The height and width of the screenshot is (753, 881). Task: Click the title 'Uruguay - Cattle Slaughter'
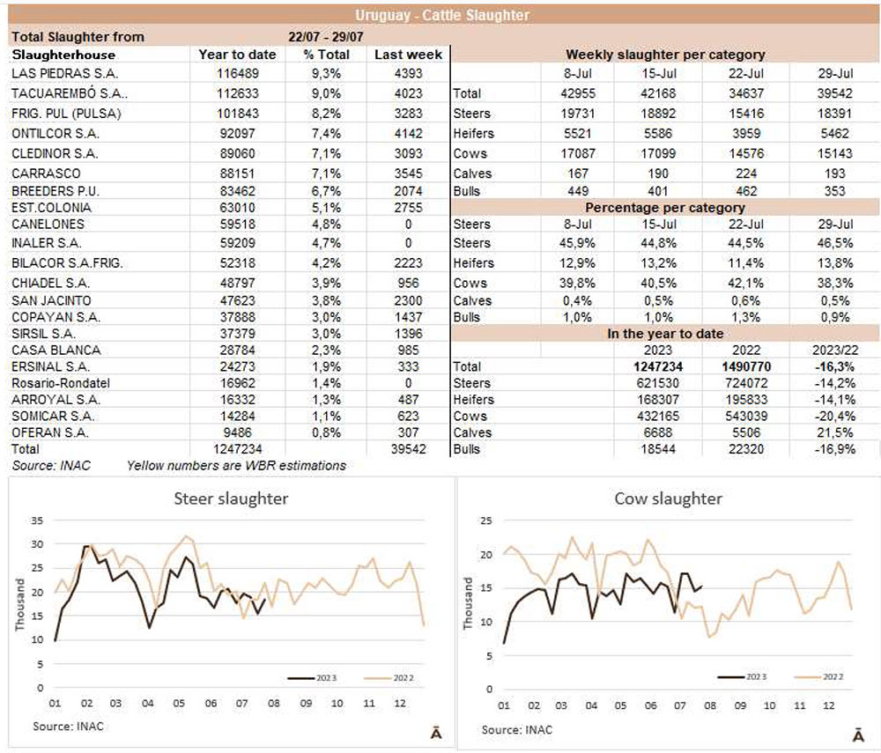click(442, 16)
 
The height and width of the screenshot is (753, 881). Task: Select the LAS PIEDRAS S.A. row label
click(65, 74)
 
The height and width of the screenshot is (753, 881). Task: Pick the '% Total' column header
click(326, 55)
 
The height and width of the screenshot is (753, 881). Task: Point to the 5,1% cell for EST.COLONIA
click(326, 208)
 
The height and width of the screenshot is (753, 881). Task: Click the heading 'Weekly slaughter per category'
click(664, 55)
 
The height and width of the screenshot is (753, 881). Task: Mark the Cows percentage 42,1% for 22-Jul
click(747, 282)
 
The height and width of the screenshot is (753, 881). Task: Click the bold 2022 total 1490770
click(747, 365)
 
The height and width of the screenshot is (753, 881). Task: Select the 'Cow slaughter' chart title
click(668, 498)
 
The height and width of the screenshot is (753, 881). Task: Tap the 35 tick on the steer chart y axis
click(36, 521)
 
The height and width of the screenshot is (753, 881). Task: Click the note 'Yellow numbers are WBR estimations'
click(237, 465)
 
